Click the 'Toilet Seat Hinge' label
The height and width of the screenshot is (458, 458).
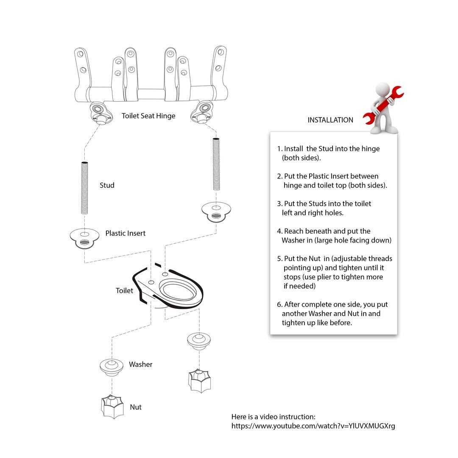click(148, 116)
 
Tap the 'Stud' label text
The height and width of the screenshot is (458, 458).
click(107, 185)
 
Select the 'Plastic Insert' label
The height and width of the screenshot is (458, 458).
click(125, 233)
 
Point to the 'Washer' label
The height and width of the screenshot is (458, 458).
click(140, 364)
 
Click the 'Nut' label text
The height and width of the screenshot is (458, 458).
click(136, 407)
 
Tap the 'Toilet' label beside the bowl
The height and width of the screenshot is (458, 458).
click(124, 290)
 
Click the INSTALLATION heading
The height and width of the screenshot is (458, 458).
click(330, 120)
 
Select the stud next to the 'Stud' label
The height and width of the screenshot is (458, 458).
click(84, 187)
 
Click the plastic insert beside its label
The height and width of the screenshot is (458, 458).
click(84, 238)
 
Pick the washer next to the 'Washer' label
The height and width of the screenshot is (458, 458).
click(112, 367)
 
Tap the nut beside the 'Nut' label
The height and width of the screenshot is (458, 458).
click(112, 406)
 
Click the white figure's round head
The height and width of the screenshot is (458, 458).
click(383, 89)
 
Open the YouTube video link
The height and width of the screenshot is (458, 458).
click(313, 426)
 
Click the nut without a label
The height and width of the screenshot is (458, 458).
click(199, 381)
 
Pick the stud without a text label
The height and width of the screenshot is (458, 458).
click(216, 164)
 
